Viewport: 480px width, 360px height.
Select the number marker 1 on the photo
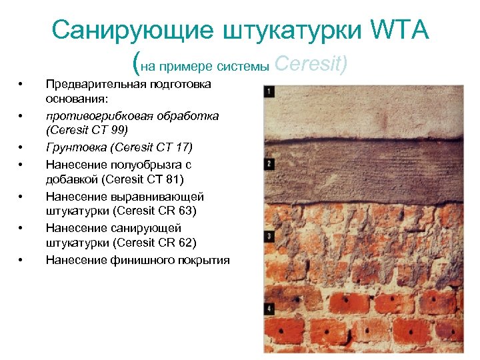tap(268, 91)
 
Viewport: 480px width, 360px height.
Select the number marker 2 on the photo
tap(268, 163)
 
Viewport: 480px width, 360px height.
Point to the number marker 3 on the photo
tap(268, 236)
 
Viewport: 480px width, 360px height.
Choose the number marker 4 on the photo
tap(268, 308)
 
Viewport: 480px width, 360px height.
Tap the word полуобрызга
tap(141, 163)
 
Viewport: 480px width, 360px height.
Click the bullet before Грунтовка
tap(22, 147)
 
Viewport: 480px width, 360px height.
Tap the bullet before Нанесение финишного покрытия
tap(22, 260)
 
